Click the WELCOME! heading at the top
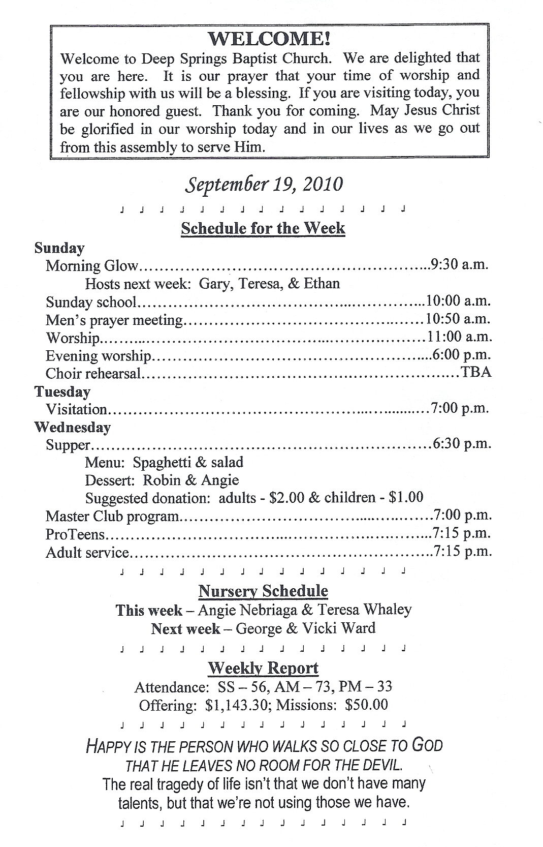tap(269, 39)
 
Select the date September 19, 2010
tap(264, 184)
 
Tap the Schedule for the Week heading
tap(263, 228)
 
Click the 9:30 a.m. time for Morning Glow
tap(459, 264)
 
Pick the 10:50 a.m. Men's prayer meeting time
tap(458, 319)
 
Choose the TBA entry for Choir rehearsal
tap(476, 372)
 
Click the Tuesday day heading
tap(62, 391)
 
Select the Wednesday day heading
tap(72, 427)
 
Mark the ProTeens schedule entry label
tap(75, 534)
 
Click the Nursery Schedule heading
tap(263, 591)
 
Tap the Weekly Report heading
tap(263, 668)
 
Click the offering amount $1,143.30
tap(237, 705)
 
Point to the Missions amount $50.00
tap(366, 705)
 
